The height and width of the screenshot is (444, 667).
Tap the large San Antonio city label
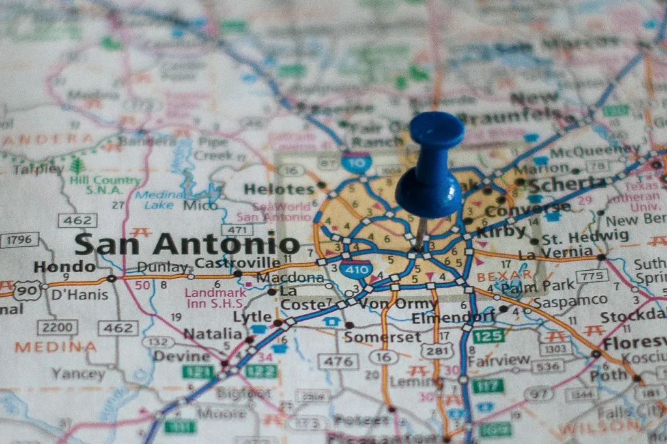click(x=186, y=243)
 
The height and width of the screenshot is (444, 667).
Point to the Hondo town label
click(x=64, y=266)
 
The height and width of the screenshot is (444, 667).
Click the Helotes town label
click(x=279, y=189)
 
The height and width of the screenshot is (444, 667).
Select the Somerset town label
click(x=383, y=337)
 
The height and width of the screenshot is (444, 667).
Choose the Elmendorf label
click(x=453, y=318)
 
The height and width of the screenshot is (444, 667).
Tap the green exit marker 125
click(x=489, y=336)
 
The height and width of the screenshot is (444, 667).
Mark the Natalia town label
click(x=212, y=334)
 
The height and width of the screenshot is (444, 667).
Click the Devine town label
click(x=182, y=356)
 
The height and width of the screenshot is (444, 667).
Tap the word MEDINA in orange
click(x=55, y=347)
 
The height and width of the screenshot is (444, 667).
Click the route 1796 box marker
click(x=19, y=240)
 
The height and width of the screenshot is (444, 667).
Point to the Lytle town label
click(x=252, y=317)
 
